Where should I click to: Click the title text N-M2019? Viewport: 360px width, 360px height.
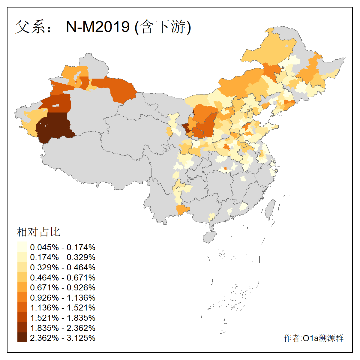coord(98,27)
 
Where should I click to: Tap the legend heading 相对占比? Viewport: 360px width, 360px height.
coord(38,232)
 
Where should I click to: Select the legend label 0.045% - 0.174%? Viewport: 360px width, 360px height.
coord(63,247)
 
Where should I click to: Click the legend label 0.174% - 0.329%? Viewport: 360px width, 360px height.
coord(63,257)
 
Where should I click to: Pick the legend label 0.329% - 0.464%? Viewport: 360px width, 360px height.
coord(63,268)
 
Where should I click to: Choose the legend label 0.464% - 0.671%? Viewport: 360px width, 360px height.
coord(63,277)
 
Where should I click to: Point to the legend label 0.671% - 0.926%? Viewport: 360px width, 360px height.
coord(63,288)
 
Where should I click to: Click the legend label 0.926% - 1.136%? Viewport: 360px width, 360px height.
coord(63,298)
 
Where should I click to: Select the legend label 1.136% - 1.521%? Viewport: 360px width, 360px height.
coord(63,308)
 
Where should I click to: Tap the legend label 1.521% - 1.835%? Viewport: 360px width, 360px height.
coord(63,318)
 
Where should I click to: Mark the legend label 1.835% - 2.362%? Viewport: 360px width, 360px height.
coord(63,328)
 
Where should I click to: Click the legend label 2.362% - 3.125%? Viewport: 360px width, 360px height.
coord(63,338)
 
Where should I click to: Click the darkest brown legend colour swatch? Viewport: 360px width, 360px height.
coord(22,338)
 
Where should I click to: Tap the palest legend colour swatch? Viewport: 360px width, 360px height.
coord(22,247)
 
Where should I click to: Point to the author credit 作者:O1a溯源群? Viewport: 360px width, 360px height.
coord(313,338)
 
